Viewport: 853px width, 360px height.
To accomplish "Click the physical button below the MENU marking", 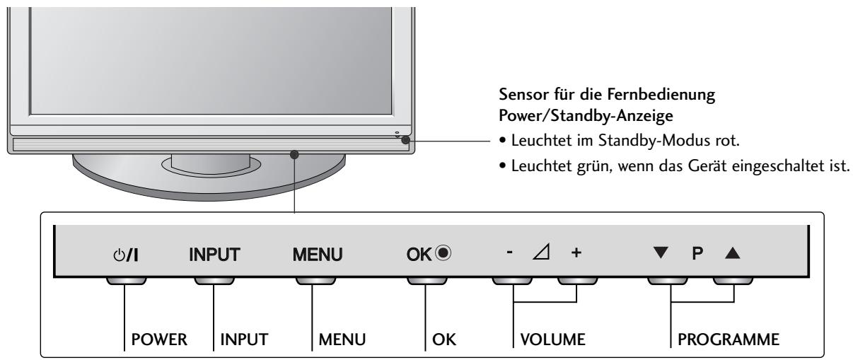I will (x=313, y=279).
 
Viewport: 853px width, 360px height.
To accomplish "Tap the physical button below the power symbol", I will (x=127, y=279).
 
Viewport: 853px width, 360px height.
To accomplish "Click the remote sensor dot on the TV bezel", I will (x=405, y=140).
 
